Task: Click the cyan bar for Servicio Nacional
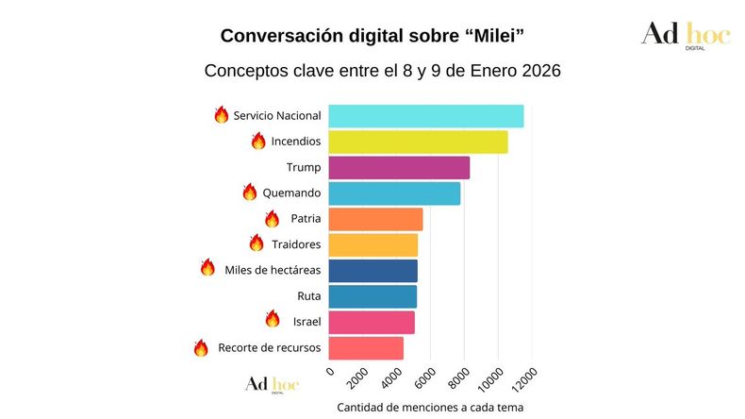pos(425,116)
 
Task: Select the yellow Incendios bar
pos(418,142)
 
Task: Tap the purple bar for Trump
pos(399,167)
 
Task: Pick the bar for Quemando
pos(394,193)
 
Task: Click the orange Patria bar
pos(375,219)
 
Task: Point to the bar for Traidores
pos(372,244)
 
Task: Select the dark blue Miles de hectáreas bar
pos(372,270)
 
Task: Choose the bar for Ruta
pos(372,296)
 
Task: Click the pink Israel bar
pos(372,322)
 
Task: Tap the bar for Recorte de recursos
pos(366,347)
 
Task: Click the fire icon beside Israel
pos(273,319)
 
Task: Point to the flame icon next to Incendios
pos(258,141)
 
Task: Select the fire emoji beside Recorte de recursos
pos(201,347)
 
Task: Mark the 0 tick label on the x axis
pos(330,371)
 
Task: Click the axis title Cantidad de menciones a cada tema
pos(429,407)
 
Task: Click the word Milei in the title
pos(489,36)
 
